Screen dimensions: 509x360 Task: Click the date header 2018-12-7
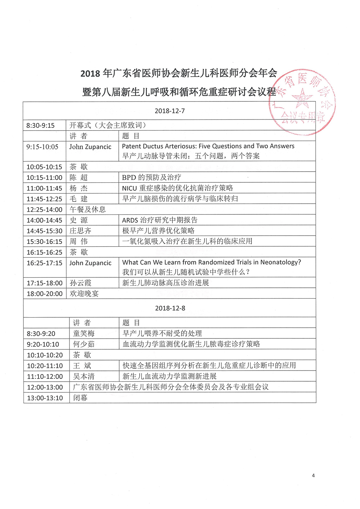(x=170, y=111)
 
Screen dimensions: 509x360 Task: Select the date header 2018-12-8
(x=170, y=308)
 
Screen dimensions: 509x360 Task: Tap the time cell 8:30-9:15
(x=41, y=126)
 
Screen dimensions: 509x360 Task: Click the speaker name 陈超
(x=78, y=178)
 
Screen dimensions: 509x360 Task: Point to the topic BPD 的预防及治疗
(x=152, y=178)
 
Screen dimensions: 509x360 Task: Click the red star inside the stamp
(x=302, y=98)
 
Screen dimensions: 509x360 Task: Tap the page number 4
(x=313, y=476)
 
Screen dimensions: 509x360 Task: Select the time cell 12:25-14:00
(x=44, y=210)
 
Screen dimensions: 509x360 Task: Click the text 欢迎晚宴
(x=84, y=294)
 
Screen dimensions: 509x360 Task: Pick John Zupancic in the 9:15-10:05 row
(x=90, y=147)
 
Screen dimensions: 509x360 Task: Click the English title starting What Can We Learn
(x=212, y=262)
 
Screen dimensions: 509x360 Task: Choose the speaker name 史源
(x=78, y=220)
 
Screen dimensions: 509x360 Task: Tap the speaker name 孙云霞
(x=80, y=283)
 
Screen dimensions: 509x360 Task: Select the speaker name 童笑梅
(x=84, y=334)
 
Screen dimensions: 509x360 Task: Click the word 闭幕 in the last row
(x=80, y=398)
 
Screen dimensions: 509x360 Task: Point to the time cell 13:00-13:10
(x=45, y=398)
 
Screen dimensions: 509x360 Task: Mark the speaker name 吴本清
(x=84, y=377)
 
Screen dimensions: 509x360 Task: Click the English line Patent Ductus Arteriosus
(x=208, y=146)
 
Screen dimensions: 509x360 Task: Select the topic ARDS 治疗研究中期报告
(x=160, y=220)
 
